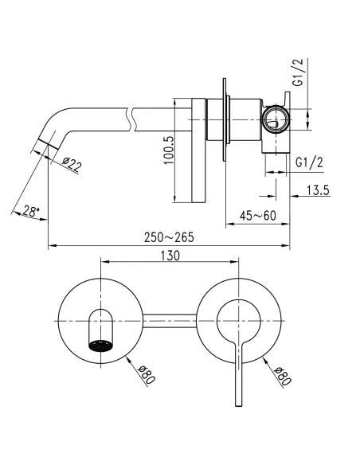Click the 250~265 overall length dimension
coord(168,238)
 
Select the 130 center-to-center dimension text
coord(169,256)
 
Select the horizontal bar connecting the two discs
coord(170,321)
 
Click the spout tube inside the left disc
coord(99,325)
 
